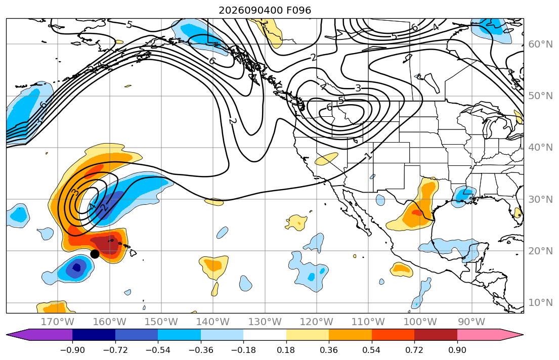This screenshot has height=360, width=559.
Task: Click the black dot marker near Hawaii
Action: pyautogui.click(x=95, y=254)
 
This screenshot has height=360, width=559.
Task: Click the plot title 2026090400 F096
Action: pyautogui.click(x=265, y=10)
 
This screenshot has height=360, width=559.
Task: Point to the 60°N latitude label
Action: pyautogui.click(x=540, y=44)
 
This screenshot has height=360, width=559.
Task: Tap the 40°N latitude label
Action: pyautogui.click(x=540, y=147)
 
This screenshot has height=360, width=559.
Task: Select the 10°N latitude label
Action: pyautogui.click(x=540, y=303)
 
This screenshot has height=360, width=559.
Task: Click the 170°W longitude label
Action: pyautogui.click(x=57, y=322)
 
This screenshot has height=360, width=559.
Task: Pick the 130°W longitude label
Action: pyautogui.click(x=265, y=322)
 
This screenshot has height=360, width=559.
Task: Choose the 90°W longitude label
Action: pyautogui.click(x=471, y=322)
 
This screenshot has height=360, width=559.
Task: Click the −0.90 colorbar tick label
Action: pyautogui.click(x=72, y=350)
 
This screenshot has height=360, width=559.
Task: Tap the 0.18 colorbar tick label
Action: pyautogui.click(x=286, y=350)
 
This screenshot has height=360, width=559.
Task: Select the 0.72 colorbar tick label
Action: pyautogui.click(x=414, y=350)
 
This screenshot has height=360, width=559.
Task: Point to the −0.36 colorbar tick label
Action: pyautogui.click(x=201, y=350)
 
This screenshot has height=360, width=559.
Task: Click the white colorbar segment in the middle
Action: pyautogui.click(x=265, y=335)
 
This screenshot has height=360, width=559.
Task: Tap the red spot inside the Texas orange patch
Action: pyautogui.click(x=416, y=213)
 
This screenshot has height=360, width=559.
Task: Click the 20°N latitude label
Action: pyautogui.click(x=540, y=251)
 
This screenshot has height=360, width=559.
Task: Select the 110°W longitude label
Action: pyautogui.click(x=368, y=322)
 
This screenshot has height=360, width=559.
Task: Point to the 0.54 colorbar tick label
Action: pyautogui.click(x=371, y=350)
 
